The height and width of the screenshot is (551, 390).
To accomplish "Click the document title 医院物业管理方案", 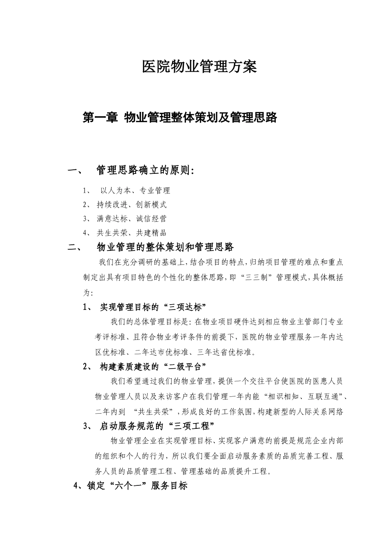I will coord(199,67).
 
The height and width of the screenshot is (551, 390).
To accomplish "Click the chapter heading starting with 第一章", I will coord(180,118).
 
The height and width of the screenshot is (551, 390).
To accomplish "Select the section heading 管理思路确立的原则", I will coord(145,170).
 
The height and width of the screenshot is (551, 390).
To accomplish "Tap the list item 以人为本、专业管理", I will coord(135,191).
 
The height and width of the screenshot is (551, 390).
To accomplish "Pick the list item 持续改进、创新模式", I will coord(131,205).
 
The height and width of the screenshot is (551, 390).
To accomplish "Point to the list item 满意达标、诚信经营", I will coord(131,219).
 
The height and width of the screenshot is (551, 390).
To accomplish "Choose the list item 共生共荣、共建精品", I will coord(131,232).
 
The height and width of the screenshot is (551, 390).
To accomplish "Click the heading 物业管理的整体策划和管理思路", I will coord(165,247).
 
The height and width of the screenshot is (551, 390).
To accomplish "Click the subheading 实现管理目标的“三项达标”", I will coord(153,307).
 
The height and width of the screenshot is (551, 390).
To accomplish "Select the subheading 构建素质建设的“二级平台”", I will coord(153,366).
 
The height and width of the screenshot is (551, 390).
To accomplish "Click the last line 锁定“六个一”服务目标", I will coord(137,486).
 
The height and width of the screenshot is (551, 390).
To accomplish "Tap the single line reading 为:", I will coord(88,293).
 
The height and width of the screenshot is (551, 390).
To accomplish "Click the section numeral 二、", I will coord(76,247).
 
